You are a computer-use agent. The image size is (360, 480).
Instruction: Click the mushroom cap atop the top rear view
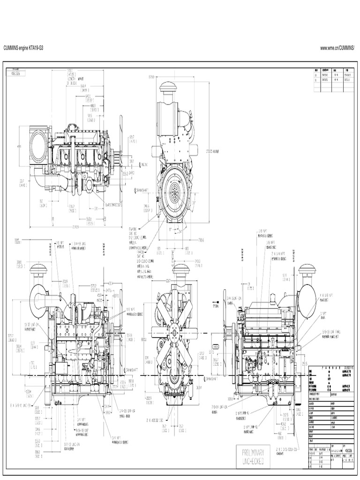(167, 89)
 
